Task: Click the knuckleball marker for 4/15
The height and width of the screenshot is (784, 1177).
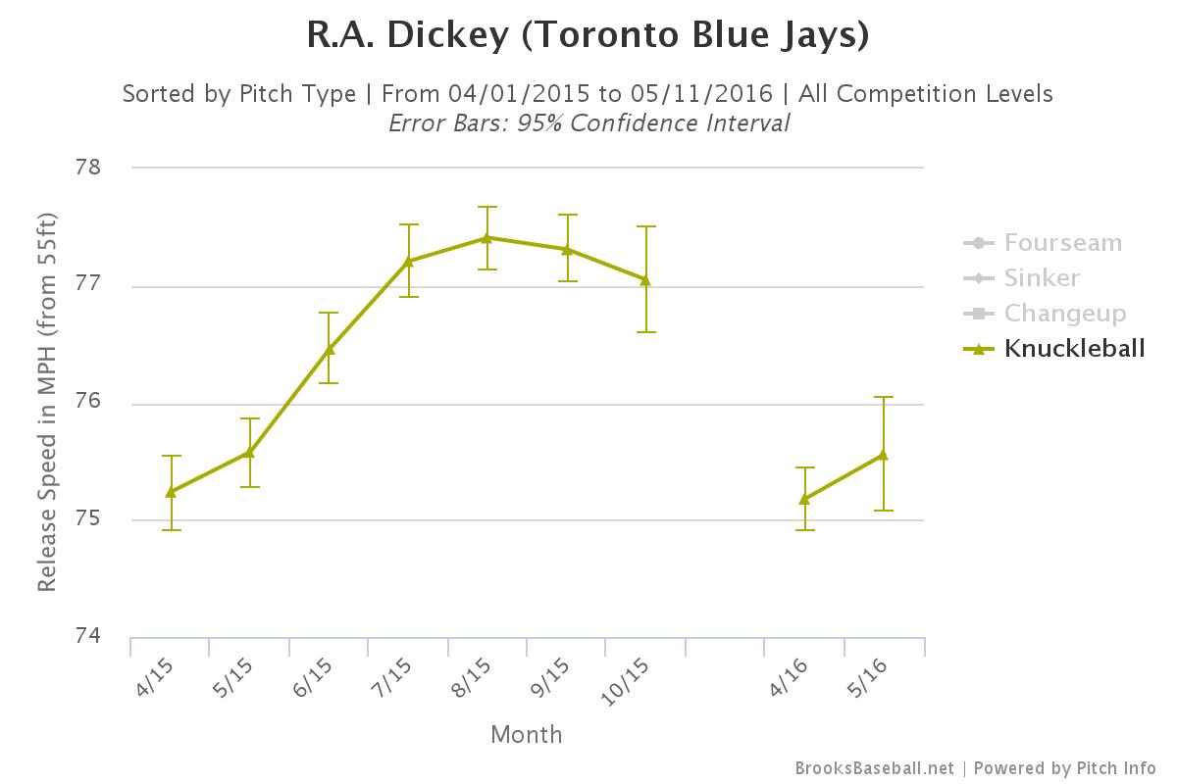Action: coord(172,492)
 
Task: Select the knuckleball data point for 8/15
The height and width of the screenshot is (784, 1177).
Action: coord(486,238)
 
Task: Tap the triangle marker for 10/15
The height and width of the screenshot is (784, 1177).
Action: coord(645,280)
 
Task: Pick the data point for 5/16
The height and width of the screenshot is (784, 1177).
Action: coord(884,455)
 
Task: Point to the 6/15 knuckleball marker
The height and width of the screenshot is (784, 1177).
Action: coord(330,349)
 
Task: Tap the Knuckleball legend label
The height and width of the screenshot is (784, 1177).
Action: coord(1075,348)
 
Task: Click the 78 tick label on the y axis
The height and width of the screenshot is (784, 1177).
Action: coord(87,167)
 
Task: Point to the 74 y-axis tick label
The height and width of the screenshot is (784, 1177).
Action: coord(87,635)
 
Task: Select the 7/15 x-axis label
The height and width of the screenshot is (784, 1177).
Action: coord(391,677)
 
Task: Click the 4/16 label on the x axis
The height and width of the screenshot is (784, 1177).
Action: coord(789,677)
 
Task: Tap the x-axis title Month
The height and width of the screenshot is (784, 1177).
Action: coord(527,735)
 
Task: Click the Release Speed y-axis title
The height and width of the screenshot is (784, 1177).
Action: coord(47,402)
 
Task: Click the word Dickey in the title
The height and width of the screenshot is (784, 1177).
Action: coord(448,35)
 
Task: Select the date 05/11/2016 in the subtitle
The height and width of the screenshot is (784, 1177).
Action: coord(701,94)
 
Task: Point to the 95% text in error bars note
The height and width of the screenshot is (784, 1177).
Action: coord(539,123)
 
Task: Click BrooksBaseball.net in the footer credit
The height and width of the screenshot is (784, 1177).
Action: coord(874,768)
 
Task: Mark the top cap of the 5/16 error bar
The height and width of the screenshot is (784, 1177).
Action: coord(884,397)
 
